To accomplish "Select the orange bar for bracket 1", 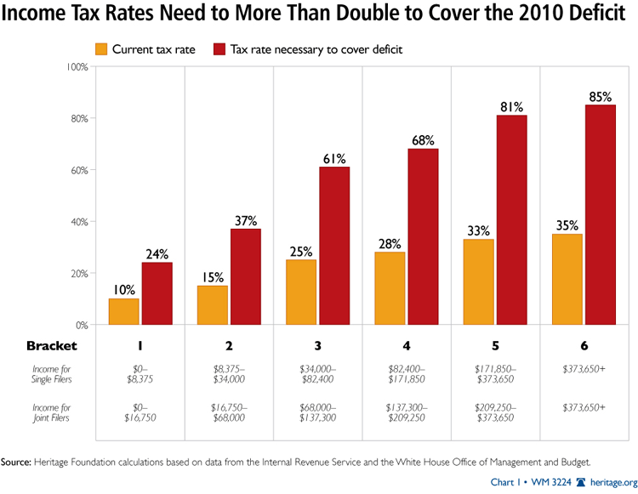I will (123, 311).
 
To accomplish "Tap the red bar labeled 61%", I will (334, 246).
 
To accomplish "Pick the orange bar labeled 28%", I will (390, 288).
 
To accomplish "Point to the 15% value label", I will (212, 276).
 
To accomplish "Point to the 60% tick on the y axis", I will (77, 170).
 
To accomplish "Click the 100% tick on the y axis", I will (75, 66).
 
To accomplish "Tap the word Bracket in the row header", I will (51, 346).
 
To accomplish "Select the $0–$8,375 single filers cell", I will (140, 377).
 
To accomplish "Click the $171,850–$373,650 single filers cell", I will (495, 377).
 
